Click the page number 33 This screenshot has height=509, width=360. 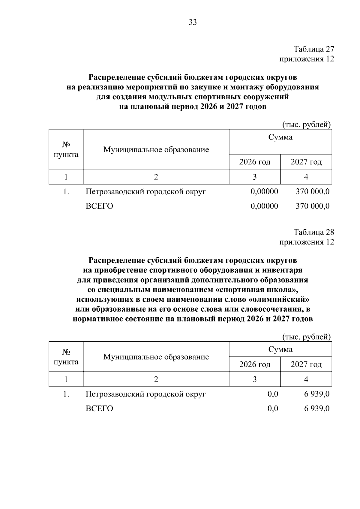tap(193, 22)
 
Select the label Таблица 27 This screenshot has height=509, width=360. tap(314, 49)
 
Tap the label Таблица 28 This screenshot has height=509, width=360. tap(314, 232)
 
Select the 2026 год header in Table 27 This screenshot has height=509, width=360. tap(255, 162)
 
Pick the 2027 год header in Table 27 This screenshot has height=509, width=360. tap(306, 162)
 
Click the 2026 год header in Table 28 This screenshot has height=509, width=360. tap(255, 364)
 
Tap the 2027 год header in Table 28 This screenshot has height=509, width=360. tap(306, 364)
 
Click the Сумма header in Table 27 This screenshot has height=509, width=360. tap(280, 137)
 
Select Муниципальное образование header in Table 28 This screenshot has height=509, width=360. tap(156, 357)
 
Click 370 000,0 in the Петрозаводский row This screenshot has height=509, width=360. tap(312, 191)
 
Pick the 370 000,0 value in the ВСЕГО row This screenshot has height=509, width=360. tap(312, 206)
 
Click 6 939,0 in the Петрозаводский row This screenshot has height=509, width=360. tap(317, 394)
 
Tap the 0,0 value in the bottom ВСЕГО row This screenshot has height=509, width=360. tap(273, 409)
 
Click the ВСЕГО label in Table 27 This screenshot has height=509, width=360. tap(99, 206)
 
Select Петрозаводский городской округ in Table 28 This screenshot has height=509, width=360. tap(146, 394)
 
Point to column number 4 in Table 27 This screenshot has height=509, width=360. tap(306, 177)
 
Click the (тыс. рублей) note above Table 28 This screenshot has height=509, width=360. tap(307, 337)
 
